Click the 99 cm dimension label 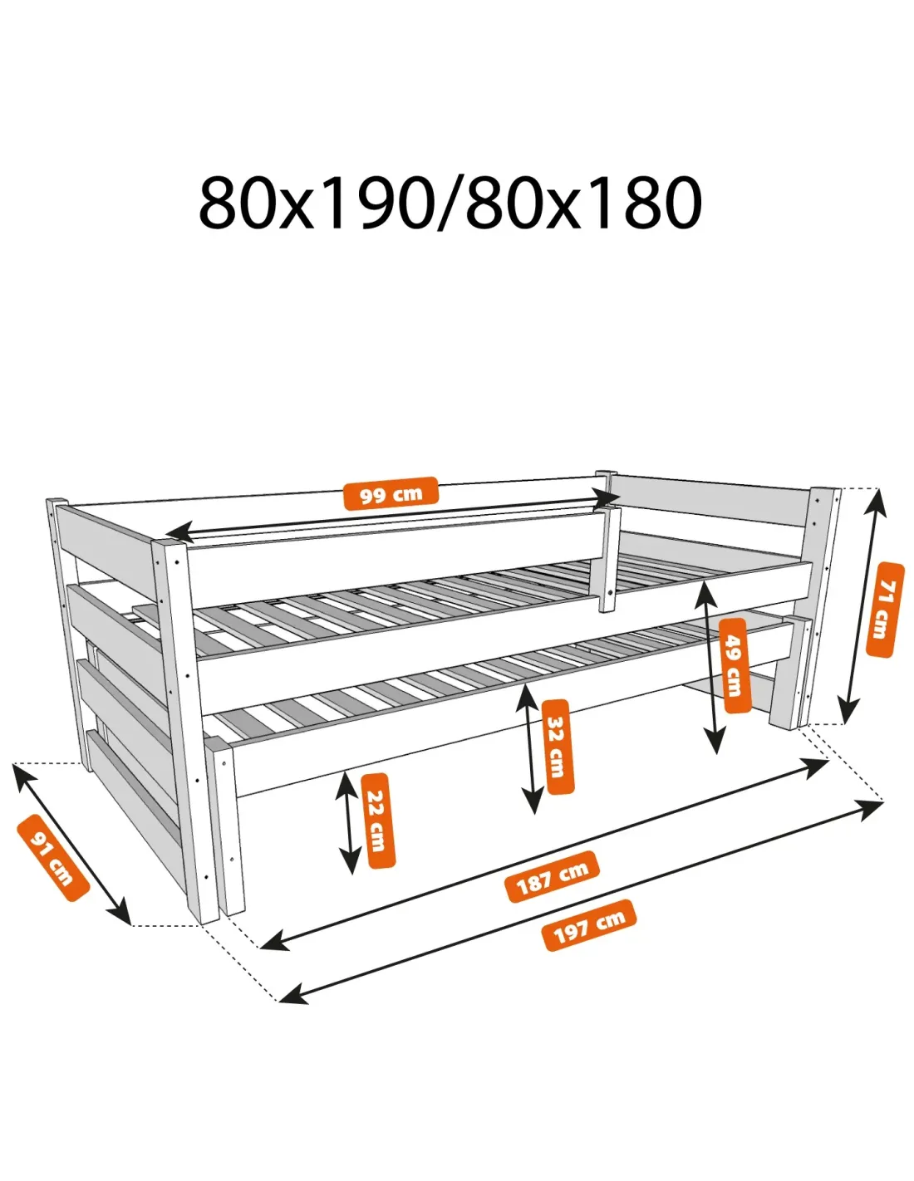tap(390, 493)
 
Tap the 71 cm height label tap(884, 610)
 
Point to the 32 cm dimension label tap(558, 746)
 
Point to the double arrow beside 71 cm tap(862, 606)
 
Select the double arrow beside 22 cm tap(348, 823)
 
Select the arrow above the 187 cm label tap(544, 854)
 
